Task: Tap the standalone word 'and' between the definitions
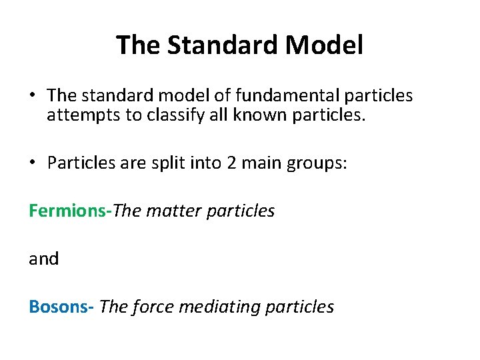(43, 259)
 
